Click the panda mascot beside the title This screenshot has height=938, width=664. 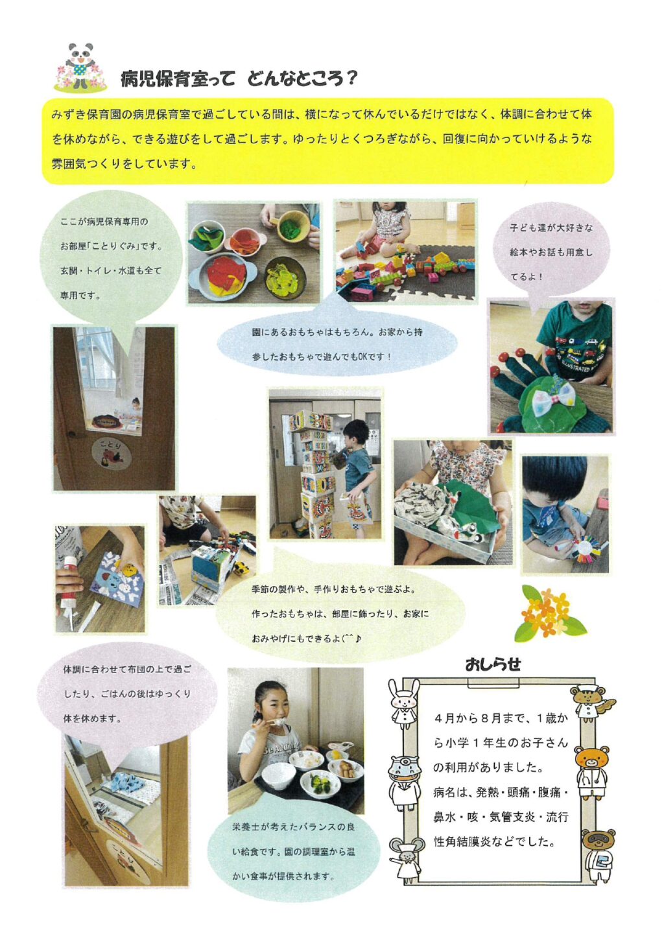[x=80, y=67]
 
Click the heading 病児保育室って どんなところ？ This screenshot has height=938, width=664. [x=238, y=79]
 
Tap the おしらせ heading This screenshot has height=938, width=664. [x=493, y=664]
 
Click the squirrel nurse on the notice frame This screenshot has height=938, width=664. [x=591, y=703]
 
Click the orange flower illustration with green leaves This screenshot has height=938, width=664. [x=549, y=613]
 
